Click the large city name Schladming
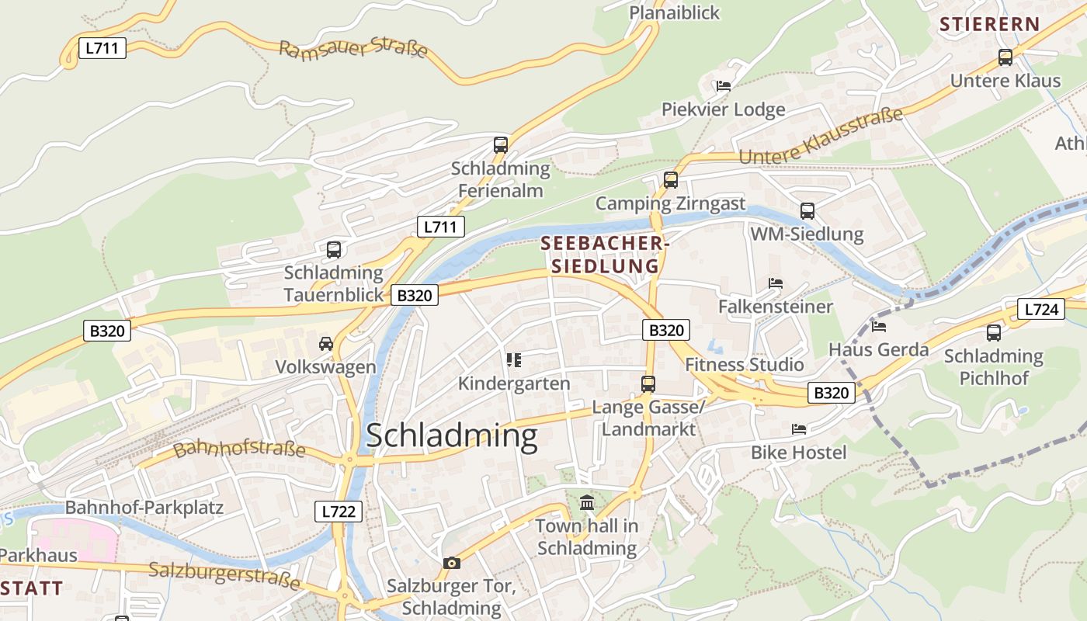[x=451, y=436]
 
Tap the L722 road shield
[x=339, y=511]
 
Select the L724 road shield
[x=1040, y=309]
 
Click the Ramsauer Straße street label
[x=353, y=49]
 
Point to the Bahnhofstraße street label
[x=239, y=449]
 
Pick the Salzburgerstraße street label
[x=224, y=575]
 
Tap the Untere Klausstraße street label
[x=821, y=135]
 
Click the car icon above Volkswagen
[x=326, y=343]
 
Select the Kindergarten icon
[x=513, y=359]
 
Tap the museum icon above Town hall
[x=587, y=503]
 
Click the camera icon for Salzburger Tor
[x=451, y=563]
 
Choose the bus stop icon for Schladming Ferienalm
[x=501, y=144]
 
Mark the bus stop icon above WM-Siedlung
[x=807, y=210]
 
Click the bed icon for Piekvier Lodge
[x=724, y=86]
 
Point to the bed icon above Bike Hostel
[x=799, y=428]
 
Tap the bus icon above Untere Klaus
[x=1005, y=57]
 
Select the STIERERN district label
[x=989, y=24]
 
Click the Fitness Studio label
[x=745, y=364]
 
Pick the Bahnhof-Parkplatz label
[x=144, y=508]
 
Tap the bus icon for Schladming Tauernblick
[x=334, y=249]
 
